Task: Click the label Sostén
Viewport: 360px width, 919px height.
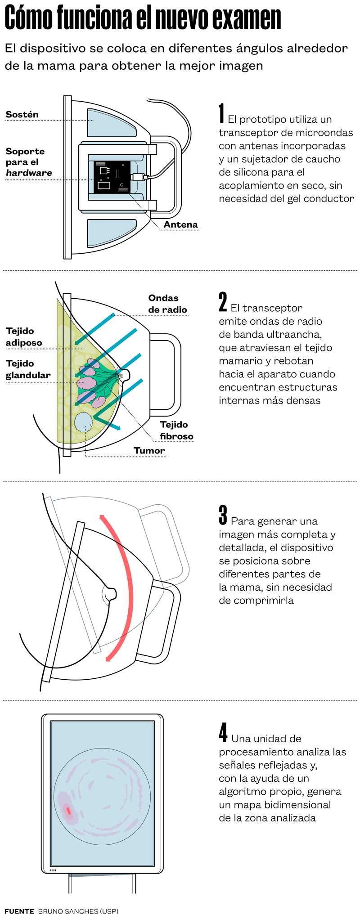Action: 22,114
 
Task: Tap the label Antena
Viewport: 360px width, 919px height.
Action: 180,224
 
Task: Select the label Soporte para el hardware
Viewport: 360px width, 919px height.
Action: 28,162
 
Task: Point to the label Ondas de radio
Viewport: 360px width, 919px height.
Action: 167,304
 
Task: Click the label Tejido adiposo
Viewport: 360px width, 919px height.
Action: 24,336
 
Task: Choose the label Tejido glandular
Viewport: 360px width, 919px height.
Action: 28,369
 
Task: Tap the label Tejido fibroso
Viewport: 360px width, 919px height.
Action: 176,430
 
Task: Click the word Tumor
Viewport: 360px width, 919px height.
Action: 149,450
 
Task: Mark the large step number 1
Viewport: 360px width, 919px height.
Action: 221,113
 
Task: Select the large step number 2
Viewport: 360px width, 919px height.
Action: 223,302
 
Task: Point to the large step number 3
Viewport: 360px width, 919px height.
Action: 223,515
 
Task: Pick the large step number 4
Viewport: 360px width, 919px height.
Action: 223,733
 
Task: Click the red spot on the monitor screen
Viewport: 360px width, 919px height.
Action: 68,810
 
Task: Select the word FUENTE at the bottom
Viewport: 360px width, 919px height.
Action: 19,911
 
